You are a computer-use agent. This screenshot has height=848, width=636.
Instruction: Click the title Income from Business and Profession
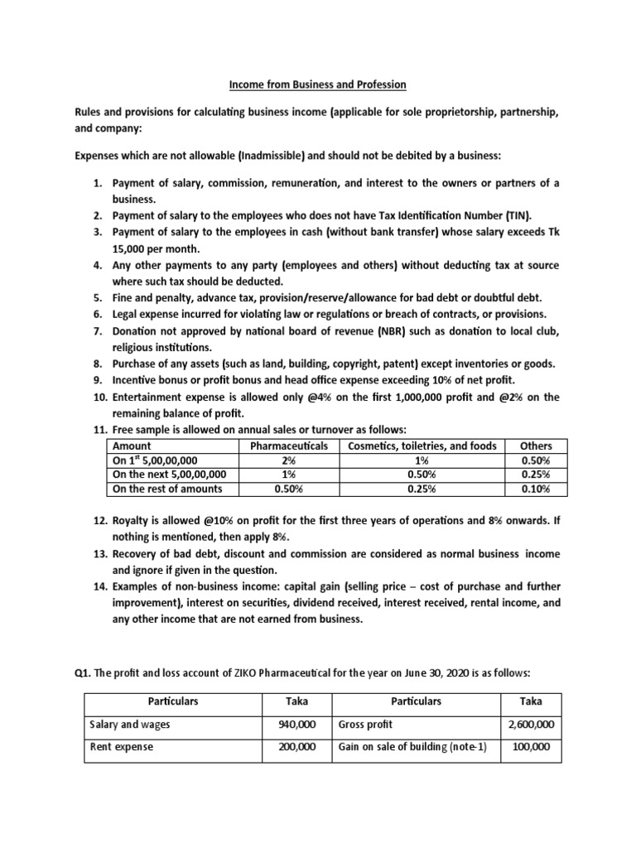coord(318,85)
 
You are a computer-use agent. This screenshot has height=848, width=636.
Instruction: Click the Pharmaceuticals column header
coord(283,446)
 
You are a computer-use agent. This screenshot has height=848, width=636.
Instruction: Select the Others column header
coord(536,446)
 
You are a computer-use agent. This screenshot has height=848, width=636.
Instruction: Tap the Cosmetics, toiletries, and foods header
coord(423,446)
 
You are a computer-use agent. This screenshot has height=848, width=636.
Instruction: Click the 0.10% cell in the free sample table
coord(536,489)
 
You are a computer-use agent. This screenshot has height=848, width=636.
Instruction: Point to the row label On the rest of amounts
coord(167,489)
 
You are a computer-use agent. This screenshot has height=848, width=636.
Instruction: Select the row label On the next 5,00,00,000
coord(170,475)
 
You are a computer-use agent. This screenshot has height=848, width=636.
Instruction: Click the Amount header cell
coord(132,446)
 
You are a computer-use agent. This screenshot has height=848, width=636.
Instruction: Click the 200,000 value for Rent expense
coord(297,746)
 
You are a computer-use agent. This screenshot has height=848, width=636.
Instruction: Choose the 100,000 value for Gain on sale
coord(534,746)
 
